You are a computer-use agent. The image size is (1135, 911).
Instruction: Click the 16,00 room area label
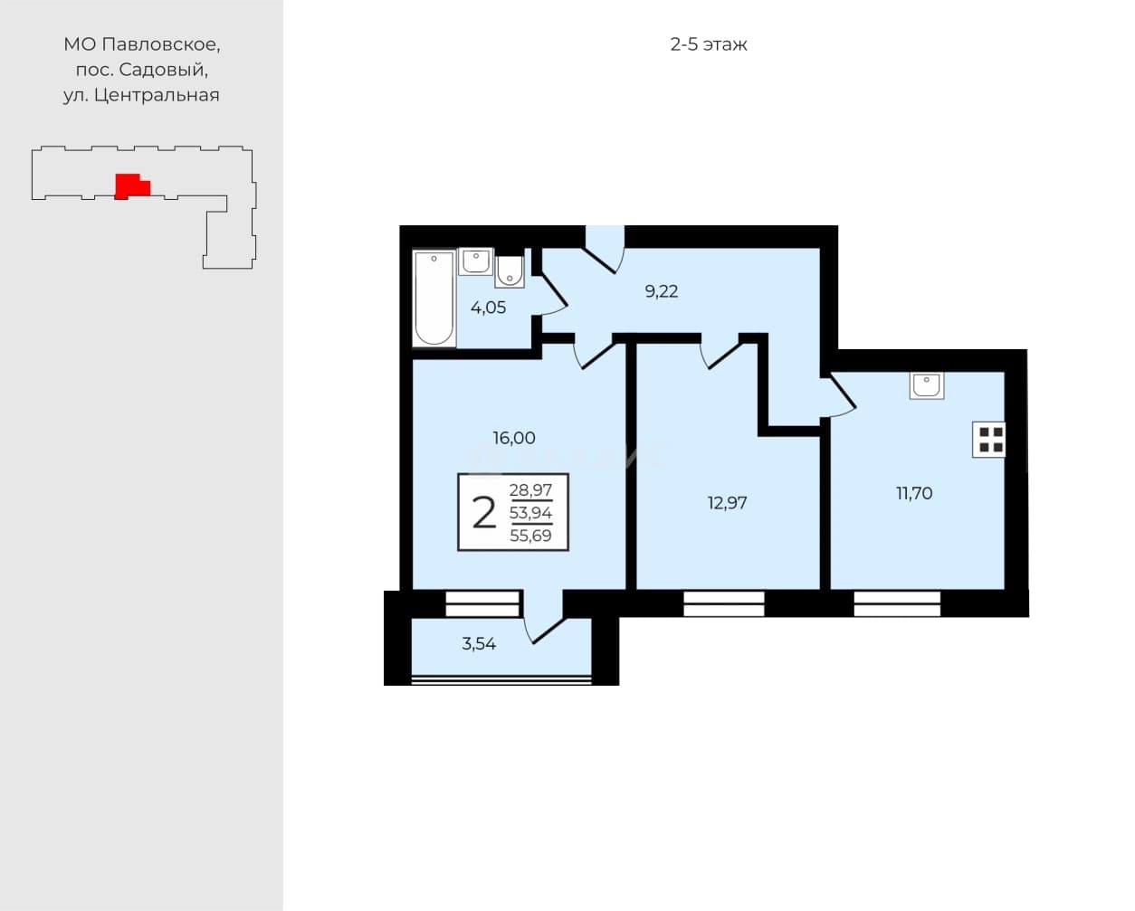pyautogui.click(x=514, y=438)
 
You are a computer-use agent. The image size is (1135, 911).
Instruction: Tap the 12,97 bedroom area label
pyautogui.click(x=727, y=503)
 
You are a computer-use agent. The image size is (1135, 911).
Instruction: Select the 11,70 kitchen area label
pyautogui.click(x=914, y=493)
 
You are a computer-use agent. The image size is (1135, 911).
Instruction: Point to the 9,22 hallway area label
pyautogui.click(x=662, y=291)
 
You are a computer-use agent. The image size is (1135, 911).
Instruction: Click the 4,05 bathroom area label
pyautogui.click(x=488, y=308)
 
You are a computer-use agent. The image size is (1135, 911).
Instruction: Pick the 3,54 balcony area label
pyautogui.click(x=479, y=644)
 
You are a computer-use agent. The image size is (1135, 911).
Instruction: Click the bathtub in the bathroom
pyautogui.click(x=434, y=298)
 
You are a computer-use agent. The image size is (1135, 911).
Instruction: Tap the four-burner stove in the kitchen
pyautogui.click(x=989, y=440)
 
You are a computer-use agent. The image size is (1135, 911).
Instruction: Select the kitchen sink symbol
pyautogui.click(x=927, y=385)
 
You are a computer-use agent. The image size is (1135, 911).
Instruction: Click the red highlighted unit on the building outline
pyautogui.click(x=132, y=186)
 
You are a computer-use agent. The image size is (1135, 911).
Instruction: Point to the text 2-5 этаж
pyautogui.click(x=709, y=44)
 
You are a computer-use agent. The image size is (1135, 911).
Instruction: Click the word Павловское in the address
pyautogui.click(x=161, y=44)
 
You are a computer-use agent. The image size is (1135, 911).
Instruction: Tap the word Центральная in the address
pyautogui.click(x=157, y=95)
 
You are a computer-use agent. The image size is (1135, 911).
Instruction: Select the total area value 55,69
pyautogui.click(x=530, y=536)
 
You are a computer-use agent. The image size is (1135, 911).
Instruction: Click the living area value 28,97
pyautogui.click(x=530, y=490)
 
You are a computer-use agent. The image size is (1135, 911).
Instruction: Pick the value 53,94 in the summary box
pyautogui.click(x=530, y=512)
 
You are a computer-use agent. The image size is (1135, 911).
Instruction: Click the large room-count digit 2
pyautogui.click(x=484, y=513)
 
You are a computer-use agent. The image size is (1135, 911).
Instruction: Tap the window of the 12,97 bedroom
pyautogui.click(x=723, y=603)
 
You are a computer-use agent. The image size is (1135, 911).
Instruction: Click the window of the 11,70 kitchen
pyautogui.click(x=897, y=603)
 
